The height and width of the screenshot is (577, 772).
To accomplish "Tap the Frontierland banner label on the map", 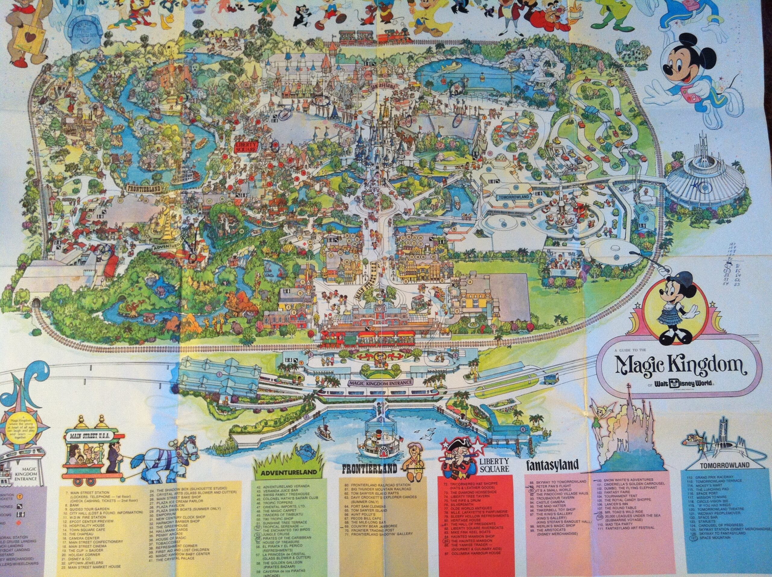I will (145, 189).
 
